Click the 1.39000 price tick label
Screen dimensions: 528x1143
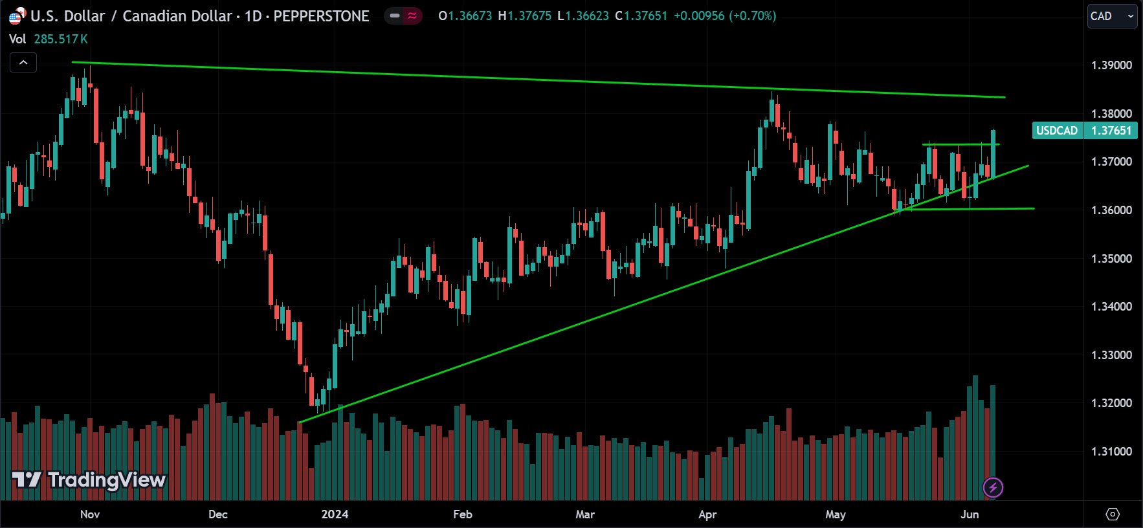click(1111, 65)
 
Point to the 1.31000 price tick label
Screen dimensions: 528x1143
click(1111, 452)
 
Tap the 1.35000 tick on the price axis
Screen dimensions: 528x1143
click(1111, 259)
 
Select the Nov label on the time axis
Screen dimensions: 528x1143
click(90, 514)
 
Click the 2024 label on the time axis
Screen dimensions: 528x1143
click(335, 514)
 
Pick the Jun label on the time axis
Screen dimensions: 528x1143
click(970, 514)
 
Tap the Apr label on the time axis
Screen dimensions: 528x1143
click(707, 514)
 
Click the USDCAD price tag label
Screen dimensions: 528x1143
click(1057, 131)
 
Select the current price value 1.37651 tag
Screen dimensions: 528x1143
click(1111, 131)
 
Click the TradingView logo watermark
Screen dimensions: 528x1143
click(89, 479)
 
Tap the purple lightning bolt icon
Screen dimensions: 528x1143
click(993, 487)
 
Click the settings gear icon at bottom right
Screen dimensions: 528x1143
click(1113, 514)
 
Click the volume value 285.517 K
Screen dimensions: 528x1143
click(61, 39)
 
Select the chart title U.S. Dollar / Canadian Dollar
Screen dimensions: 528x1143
click(131, 16)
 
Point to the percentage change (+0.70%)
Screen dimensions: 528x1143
click(753, 16)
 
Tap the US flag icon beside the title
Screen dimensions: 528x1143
click(16, 16)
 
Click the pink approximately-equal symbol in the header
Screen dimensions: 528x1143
click(412, 16)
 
